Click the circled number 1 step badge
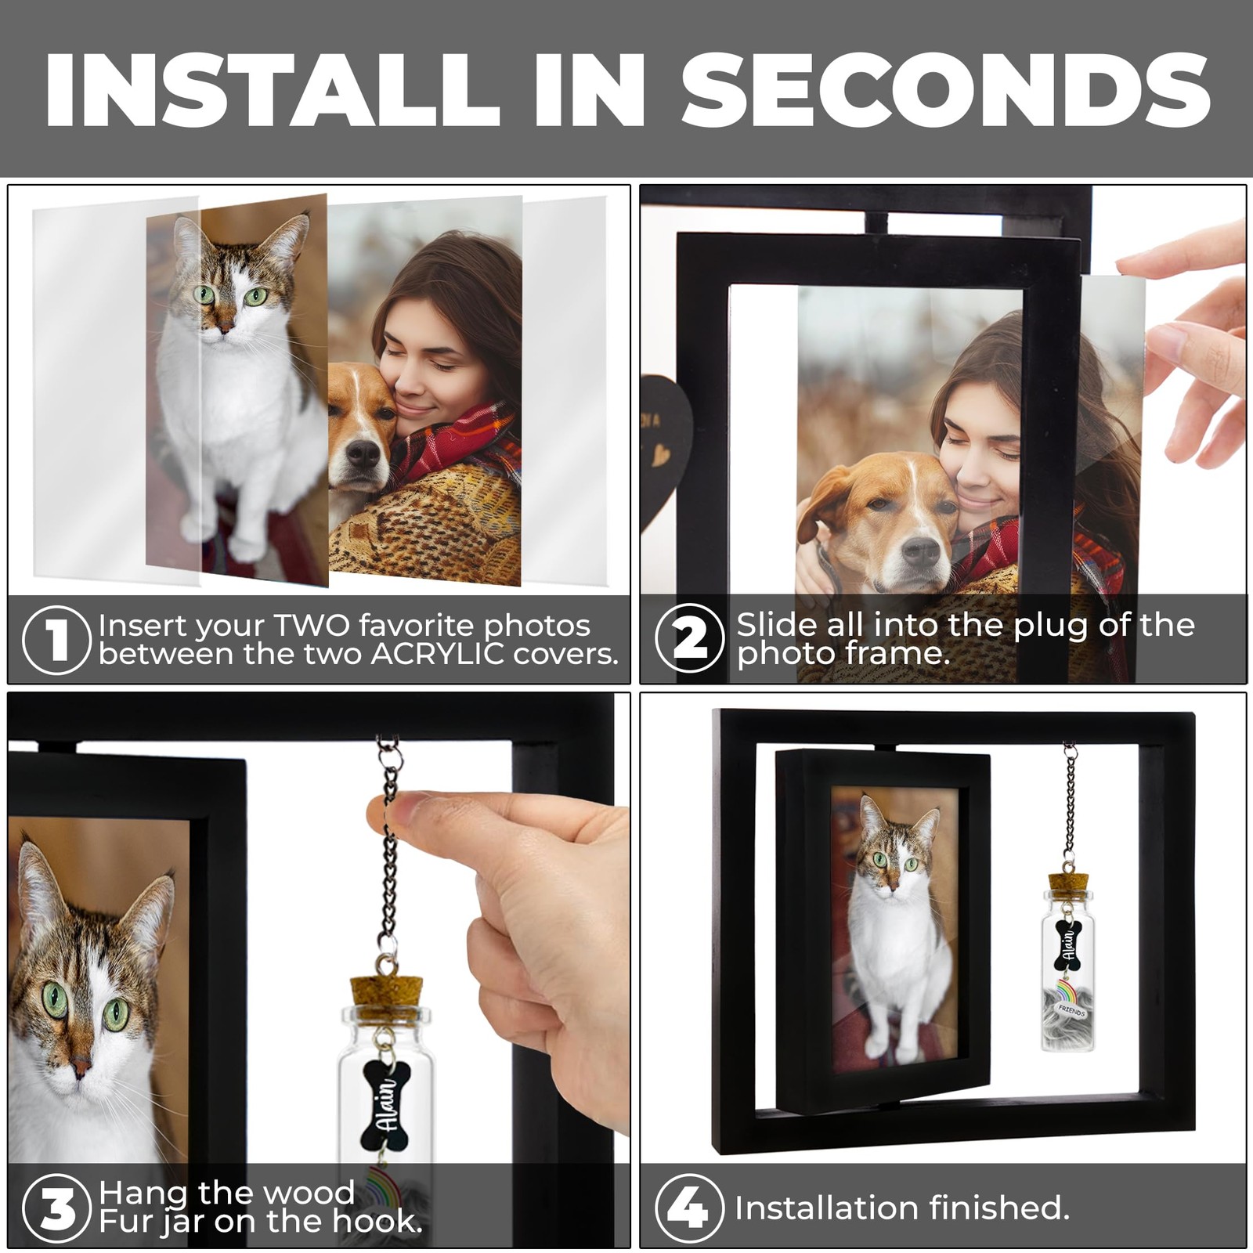[56, 640]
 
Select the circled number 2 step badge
[689, 638]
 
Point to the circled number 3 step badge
[56, 1208]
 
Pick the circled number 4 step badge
[689, 1208]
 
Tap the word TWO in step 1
[311, 626]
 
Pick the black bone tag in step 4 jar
[1067, 946]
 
